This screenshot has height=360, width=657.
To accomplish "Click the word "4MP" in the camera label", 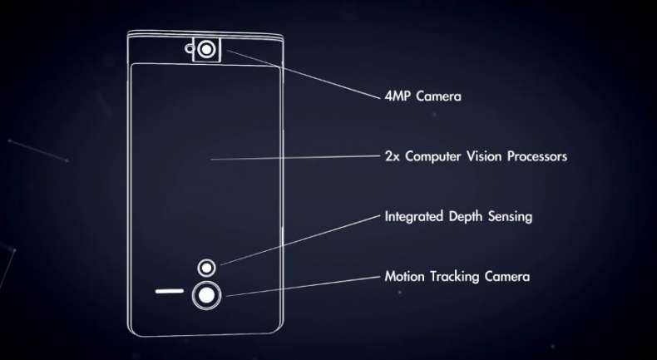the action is (398, 96).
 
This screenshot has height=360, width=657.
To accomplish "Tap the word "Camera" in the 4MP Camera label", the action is (439, 96).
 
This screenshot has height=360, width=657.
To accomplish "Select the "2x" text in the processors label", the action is (392, 157).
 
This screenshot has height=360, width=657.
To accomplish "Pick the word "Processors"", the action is (537, 156).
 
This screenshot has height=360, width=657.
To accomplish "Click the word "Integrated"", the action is (414, 217).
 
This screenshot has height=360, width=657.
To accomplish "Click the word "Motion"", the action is (404, 277).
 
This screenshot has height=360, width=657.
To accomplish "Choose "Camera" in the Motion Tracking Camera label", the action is (507, 277).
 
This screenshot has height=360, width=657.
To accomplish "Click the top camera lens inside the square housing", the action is (205, 50).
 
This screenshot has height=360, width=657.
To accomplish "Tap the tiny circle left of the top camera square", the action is (189, 49).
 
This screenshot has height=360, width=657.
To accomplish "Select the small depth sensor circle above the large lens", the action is (206, 268).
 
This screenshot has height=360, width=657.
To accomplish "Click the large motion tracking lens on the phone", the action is (206, 295).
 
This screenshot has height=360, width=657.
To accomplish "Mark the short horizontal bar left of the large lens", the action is (170, 291).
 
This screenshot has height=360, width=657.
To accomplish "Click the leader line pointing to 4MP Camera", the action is (303, 75).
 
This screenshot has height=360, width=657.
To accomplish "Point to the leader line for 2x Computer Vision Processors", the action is (295, 158).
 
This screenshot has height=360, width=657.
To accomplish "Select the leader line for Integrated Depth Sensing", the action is (300, 240).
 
